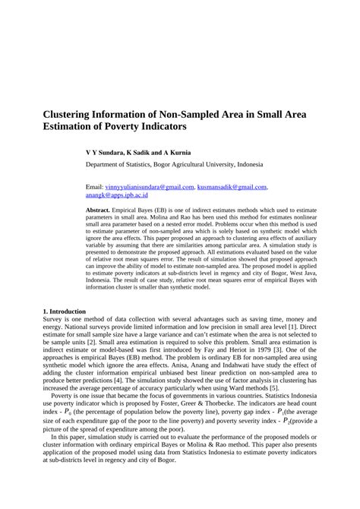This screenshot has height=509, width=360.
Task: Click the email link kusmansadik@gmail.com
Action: [232, 186]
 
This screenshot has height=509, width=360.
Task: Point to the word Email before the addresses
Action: [93, 186]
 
